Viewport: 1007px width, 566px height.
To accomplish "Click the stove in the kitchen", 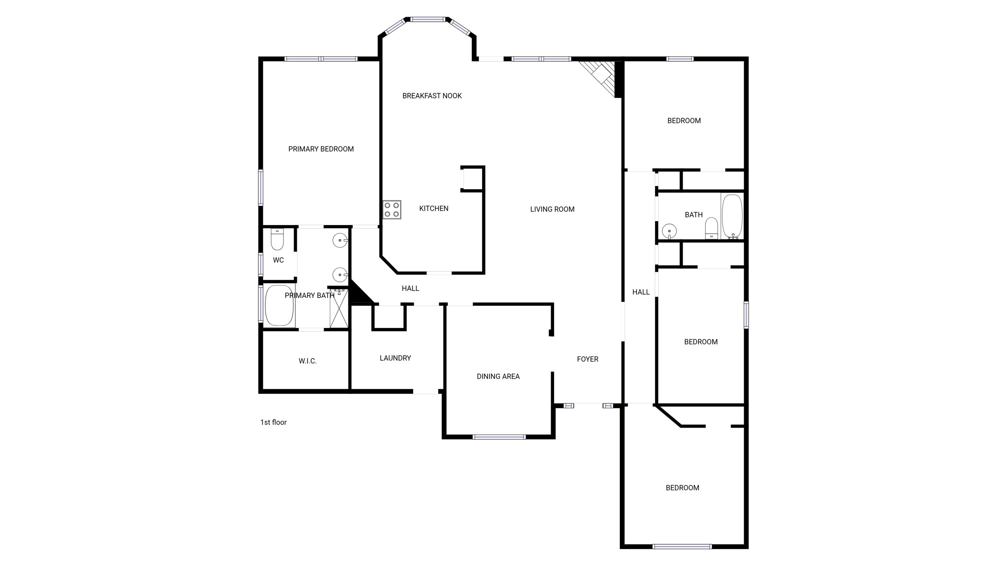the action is (x=392, y=210).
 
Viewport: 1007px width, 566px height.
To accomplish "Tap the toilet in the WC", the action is (x=277, y=239).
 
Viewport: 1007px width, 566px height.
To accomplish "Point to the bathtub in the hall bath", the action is (x=732, y=216).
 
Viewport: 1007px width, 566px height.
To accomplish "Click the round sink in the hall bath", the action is (x=669, y=231).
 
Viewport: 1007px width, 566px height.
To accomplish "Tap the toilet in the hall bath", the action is (x=712, y=228).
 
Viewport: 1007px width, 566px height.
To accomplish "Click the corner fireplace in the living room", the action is (x=601, y=78).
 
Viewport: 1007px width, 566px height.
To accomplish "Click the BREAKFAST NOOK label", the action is (x=432, y=96).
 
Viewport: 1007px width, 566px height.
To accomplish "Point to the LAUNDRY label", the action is (x=395, y=358).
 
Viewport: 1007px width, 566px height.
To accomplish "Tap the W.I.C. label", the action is (x=308, y=361).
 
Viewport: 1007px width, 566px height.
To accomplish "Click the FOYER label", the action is (x=587, y=359).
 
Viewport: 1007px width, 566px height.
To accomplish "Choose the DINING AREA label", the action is (x=498, y=376).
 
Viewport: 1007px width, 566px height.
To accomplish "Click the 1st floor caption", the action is (x=273, y=422).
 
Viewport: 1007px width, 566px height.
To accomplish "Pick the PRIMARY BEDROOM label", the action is (x=321, y=149).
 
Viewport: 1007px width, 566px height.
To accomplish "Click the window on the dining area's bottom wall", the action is (x=499, y=437).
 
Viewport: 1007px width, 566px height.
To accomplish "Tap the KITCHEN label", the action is (x=434, y=209).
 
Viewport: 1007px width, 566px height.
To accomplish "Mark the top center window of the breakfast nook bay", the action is (x=428, y=19).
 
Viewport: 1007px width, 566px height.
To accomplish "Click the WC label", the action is (x=278, y=260).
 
